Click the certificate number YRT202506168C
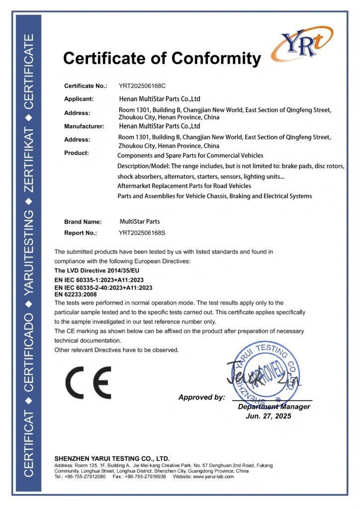pos(142,86)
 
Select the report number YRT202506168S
pos(142,233)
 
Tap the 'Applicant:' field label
pos(79,98)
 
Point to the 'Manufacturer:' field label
pos(84,126)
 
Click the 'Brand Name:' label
pos(83,222)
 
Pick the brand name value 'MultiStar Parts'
pos(140,221)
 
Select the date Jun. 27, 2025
pos(269,416)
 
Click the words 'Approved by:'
pos(201,397)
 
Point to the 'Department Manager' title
pos(274,407)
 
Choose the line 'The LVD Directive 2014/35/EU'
pos(96,270)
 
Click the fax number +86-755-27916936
pos(146,476)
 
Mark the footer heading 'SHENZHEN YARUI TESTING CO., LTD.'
pos(112,458)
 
